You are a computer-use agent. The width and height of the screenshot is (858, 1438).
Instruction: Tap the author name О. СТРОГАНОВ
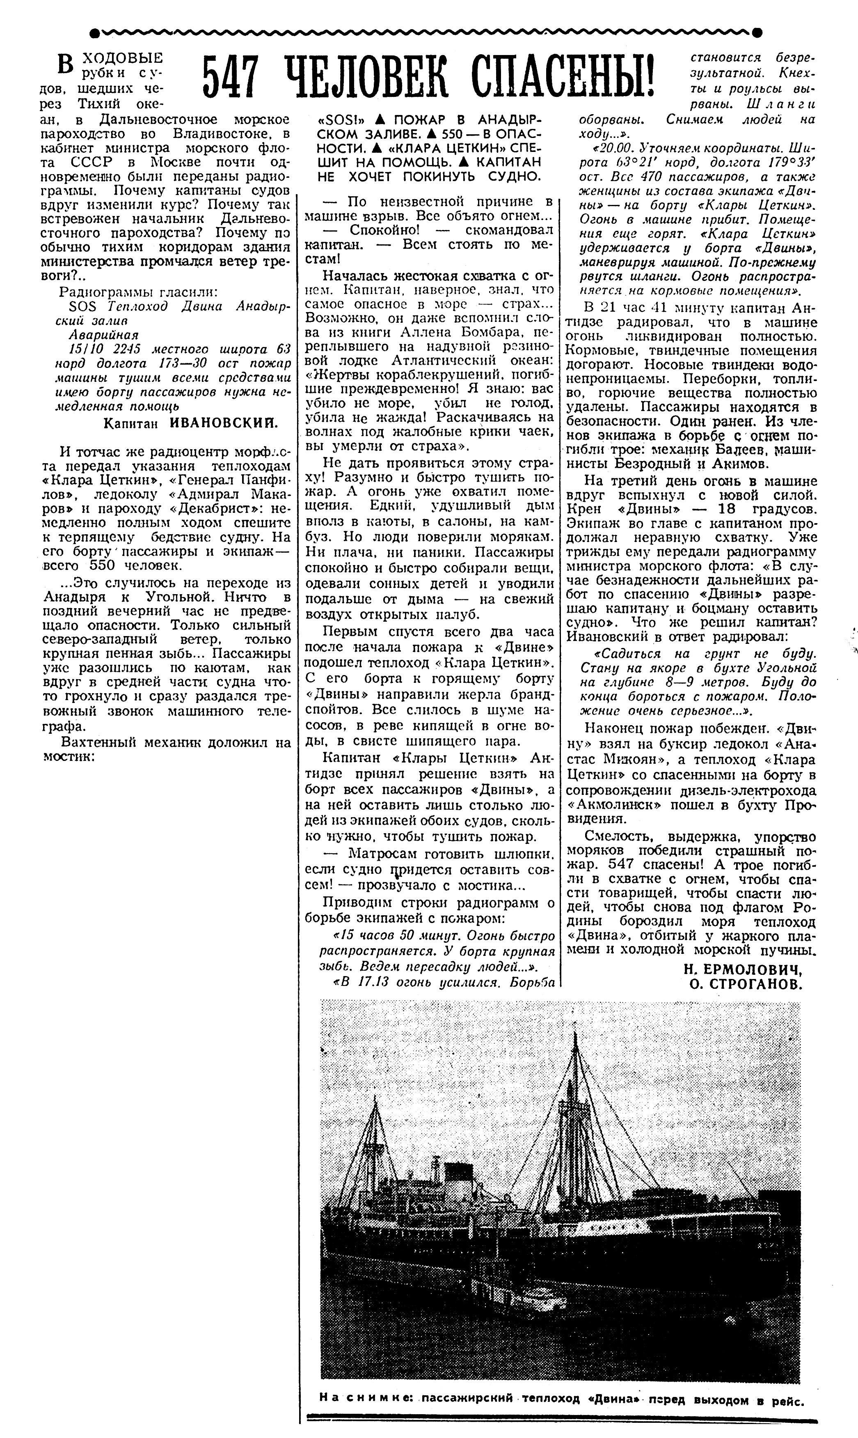pyautogui.click(x=746, y=985)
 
